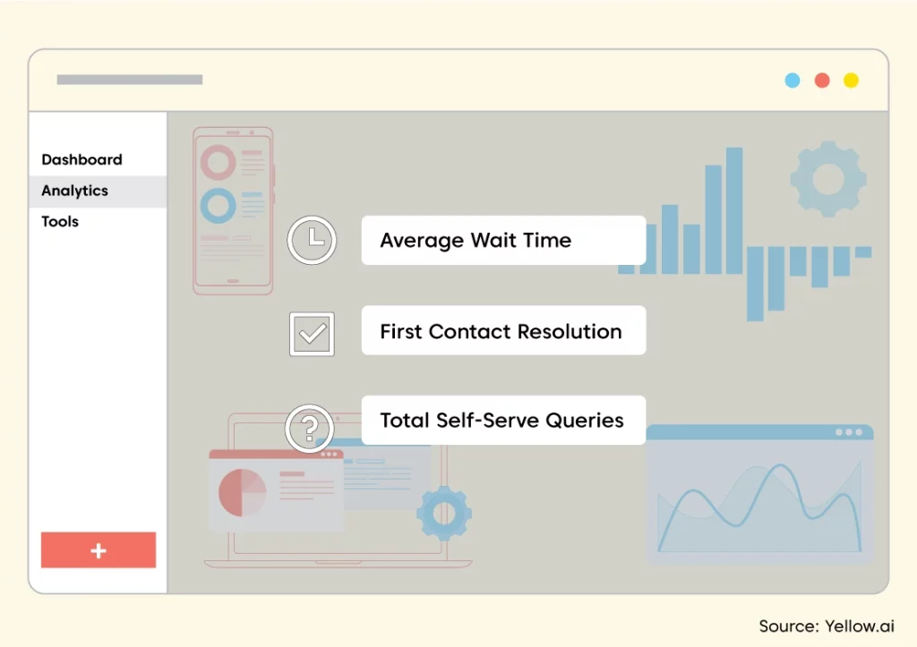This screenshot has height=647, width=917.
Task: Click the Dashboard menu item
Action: (x=81, y=159)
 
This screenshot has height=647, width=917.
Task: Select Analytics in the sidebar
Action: (x=75, y=192)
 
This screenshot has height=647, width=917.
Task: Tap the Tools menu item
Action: (x=60, y=222)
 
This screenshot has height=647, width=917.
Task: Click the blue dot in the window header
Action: (x=793, y=80)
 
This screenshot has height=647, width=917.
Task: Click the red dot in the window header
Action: (x=822, y=80)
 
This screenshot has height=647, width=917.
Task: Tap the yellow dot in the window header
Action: (x=851, y=80)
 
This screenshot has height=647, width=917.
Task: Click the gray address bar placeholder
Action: (x=130, y=80)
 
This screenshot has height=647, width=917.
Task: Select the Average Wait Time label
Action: (x=476, y=240)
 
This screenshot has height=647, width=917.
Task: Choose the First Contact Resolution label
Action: (x=501, y=331)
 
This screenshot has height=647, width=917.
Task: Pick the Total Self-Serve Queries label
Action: (x=501, y=421)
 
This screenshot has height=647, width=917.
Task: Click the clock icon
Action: (x=312, y=240)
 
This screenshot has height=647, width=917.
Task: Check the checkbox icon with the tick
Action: (x=312, y=335)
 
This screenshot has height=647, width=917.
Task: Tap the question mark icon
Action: (x=309, y=429)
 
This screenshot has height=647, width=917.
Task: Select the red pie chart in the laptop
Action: (x=242, y=493)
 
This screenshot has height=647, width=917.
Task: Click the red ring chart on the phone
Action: (x=203, y=162)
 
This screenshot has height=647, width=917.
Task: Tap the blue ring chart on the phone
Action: (x=203, y=206)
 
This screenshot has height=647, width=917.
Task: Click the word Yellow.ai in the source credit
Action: (x=859, y=626)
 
